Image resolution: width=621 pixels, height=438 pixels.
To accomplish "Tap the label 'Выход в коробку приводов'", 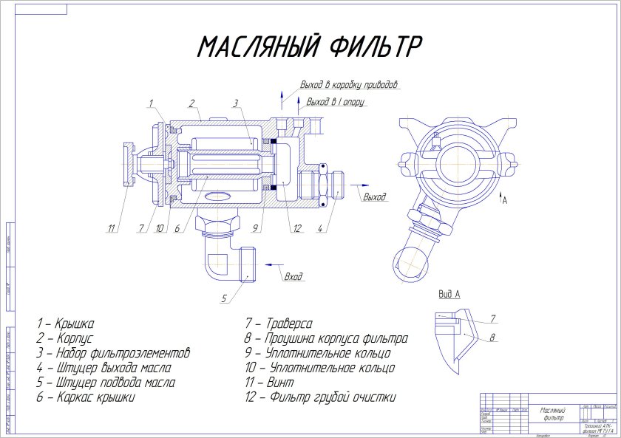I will coord(350,84).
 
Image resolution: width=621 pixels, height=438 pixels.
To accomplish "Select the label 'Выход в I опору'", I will coord(335,101).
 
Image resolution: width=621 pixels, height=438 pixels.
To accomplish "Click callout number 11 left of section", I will coord(112,229).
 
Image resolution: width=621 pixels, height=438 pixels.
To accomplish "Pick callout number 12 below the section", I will coord(296,229).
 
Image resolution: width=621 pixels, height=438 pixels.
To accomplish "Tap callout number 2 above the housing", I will coord(191,103).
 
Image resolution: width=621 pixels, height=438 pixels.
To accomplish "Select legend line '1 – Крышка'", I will coord(66,324).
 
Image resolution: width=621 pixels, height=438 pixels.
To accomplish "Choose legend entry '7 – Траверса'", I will coord(279,324).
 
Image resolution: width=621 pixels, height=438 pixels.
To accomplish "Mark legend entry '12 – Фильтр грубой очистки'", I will coord(320,397).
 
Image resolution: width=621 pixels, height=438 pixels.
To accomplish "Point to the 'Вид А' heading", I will coord(449,294).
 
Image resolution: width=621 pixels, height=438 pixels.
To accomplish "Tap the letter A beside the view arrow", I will coord(505,200).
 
